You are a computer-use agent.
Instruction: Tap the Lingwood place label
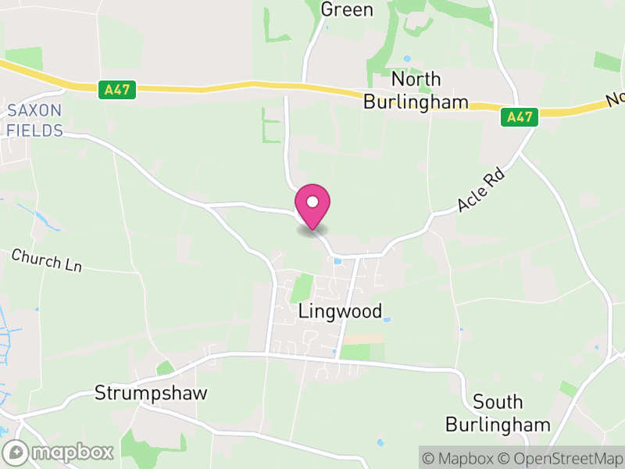(341, 311)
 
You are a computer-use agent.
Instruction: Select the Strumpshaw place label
(151, 392)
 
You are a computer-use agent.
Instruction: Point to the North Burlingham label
(416, 91)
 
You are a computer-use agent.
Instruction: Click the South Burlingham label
(498, 414)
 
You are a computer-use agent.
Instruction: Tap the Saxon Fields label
(34, 120)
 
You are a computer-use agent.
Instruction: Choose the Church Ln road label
(46, 260)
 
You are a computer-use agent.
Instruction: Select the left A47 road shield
(119, 91)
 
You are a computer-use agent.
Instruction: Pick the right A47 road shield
(519, 117)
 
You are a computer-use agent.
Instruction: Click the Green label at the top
(347, 9)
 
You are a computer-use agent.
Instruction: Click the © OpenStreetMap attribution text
(561, 458)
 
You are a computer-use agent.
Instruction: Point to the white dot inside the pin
(312, 202)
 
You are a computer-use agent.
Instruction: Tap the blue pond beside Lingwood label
(387, 320)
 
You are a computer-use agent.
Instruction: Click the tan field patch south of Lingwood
(363, 338)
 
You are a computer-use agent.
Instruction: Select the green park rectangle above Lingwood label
(301, 288)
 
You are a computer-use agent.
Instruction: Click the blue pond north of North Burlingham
(406, 59)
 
